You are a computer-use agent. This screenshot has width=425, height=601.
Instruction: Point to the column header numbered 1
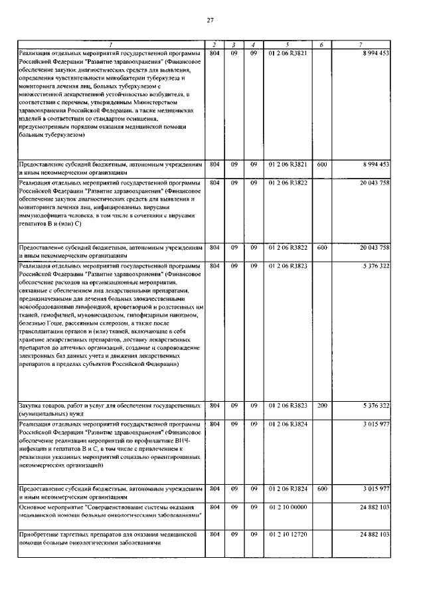click(x=110, y=44)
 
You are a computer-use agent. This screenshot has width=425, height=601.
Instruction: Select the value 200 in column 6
click(x=321, y=404)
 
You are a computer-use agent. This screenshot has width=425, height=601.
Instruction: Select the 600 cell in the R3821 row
click(x=321, y=163)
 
